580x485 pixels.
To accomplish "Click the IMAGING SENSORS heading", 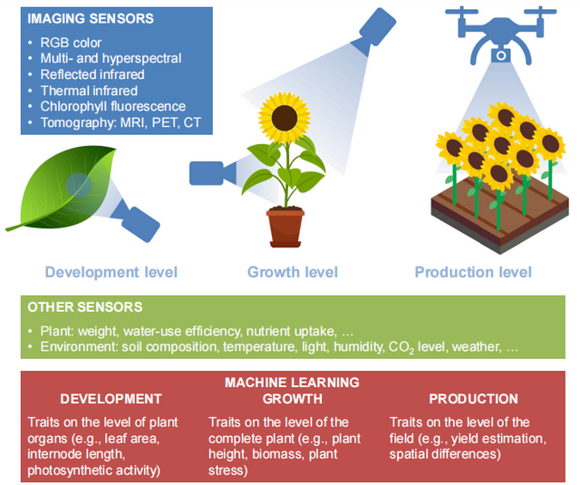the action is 91,18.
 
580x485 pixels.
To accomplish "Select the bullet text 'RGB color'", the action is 71,43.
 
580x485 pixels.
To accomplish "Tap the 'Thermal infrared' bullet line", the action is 89,91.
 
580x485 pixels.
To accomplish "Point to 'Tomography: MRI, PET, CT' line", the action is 121,122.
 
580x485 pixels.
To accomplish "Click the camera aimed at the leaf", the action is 136,221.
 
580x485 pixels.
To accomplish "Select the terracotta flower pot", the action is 285,228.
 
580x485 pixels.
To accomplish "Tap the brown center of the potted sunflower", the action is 284,118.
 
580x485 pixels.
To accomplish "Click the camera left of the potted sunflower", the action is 212,173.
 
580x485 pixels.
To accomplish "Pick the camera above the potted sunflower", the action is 374,29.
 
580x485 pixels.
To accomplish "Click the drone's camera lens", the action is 501,56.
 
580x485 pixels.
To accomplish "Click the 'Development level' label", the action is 111,272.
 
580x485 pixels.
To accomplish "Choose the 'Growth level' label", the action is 293,272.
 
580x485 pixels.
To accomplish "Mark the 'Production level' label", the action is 473,272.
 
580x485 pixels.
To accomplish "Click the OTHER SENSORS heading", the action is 85,307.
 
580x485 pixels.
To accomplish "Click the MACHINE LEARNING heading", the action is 292,383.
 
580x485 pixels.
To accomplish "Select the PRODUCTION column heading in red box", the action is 473,399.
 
